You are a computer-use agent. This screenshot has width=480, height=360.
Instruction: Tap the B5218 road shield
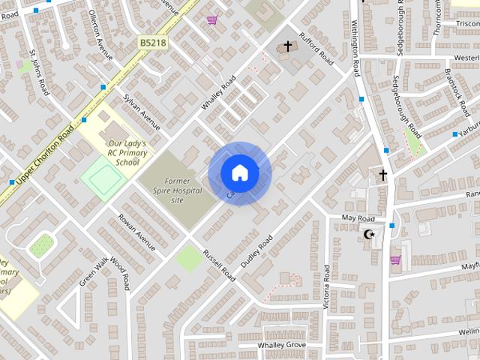[153, 44]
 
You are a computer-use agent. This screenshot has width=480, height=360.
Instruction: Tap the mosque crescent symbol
[368, 235]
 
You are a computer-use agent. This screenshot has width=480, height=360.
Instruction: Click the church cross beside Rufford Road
[286, 48]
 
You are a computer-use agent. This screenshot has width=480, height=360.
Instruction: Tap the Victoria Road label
[326, 284]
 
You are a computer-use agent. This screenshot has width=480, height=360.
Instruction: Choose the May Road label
[358, 217]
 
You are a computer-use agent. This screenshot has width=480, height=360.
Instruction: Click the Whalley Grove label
[282, 344]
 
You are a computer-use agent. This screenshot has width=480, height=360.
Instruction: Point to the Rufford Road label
[316, 46]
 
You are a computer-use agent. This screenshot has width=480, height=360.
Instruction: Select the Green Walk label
[94, 271]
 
